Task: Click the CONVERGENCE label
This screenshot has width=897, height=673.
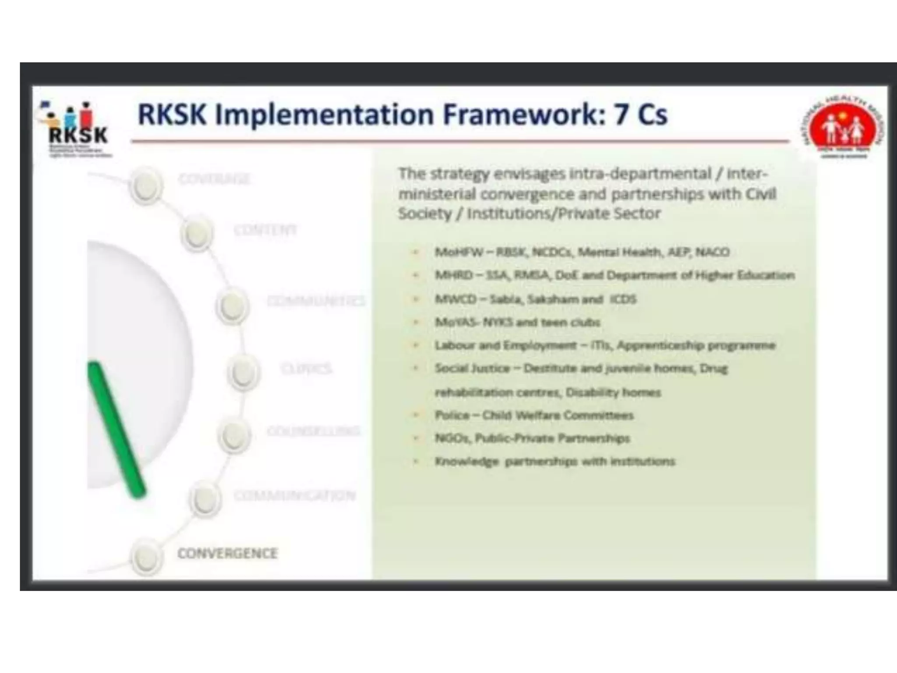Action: tap(227, 553)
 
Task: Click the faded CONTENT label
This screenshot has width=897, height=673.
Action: tap(265, 230)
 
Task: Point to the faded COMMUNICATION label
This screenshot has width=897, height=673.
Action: tap(294, 496)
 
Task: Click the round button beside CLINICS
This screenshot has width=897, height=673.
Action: tap(243, 372)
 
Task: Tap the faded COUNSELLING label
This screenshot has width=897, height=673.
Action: tap(313, 431)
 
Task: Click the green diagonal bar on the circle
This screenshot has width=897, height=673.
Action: tap(116, 430)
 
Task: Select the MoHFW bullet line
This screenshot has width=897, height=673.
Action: tap(582, 252)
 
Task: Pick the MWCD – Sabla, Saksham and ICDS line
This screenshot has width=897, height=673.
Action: tap(535, 299)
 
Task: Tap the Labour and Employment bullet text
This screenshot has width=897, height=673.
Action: tap(604, 345)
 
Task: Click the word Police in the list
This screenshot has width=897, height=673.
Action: tap(452, 415)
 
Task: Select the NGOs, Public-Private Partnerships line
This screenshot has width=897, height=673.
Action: tap(532, 438)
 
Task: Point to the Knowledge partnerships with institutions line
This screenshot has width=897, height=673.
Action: tap(554, 461)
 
